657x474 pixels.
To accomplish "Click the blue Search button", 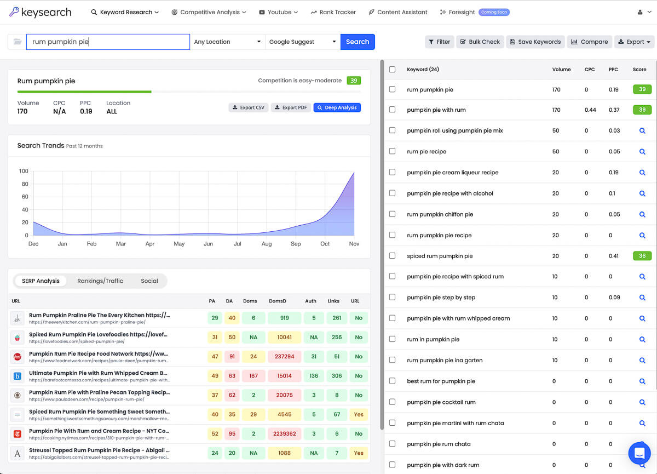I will click(358, 42).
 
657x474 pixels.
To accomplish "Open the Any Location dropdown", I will click(227, 42).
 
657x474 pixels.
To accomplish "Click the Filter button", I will click(439, 42).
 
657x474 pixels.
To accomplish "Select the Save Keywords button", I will click(534, 42).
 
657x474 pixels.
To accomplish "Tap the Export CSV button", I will click(248, 107).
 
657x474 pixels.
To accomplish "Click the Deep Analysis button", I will click(337, 107).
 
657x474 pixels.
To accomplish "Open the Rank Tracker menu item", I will click(333, 12).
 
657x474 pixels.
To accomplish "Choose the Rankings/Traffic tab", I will click(100, 281).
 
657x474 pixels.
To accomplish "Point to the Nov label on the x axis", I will click(354, 244).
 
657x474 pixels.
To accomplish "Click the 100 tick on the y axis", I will click(24, 172).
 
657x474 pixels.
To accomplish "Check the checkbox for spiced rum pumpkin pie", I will click(392, 256).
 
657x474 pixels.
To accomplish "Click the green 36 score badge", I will click(642, 256).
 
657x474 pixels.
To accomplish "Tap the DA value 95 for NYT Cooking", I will click(232, 433).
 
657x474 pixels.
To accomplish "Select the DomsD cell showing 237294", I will click(284, 356).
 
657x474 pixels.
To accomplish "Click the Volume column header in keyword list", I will click(561, 70).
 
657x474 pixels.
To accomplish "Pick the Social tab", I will click(149, 281).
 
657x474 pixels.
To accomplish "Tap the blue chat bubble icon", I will click(638, 453).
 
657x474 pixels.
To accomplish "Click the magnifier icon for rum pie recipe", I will click(642, 151).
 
